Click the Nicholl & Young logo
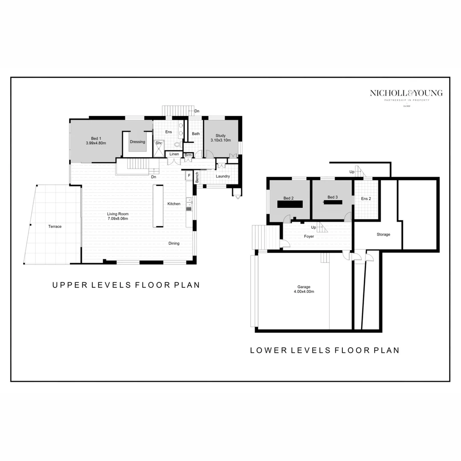[406, 95]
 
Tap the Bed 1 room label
[96, 141]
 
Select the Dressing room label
[137, 142]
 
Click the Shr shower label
[158, 143]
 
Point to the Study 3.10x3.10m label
[220, 138]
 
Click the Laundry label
[223, 176]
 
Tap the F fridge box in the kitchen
[189, 175]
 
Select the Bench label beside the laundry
[197, 177]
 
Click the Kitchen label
[174, 204]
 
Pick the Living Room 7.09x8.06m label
[118, 216]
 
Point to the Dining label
[174, 243]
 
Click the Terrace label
[55, 227]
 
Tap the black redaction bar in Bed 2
[290, 204]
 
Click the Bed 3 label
[333, 197]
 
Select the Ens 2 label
[366, 198]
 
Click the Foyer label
[309, 236]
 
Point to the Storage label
[383, 234]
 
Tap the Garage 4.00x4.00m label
[304, 289]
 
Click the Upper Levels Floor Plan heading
[126, 285]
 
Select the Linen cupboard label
[174, 154]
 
